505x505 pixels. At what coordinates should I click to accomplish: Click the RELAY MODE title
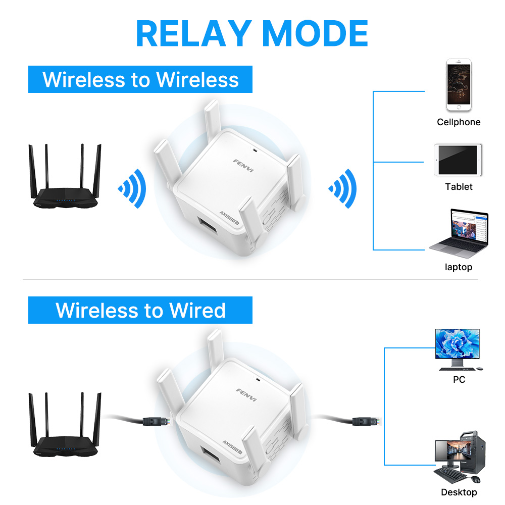click(x=252, y=33)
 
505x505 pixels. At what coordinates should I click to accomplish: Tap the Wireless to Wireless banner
click(x=140, y=79)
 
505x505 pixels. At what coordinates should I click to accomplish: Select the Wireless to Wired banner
click(x=140, y=310)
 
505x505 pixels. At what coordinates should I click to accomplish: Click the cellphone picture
click(x=459, y=85)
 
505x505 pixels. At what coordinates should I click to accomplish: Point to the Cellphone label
click(x=459, y=122)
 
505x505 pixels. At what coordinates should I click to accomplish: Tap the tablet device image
click(x=458, y=160)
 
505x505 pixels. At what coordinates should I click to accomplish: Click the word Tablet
click(x=459, y=186)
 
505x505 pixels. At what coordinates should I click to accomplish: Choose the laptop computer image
click(x=459, y=233)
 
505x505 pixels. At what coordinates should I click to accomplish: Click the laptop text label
click(x=459, y=267)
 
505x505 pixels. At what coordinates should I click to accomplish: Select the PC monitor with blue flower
click(x=459, y=350)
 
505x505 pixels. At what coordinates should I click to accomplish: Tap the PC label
click(x=459, y=379)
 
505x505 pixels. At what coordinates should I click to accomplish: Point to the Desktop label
click(x=459, y=492)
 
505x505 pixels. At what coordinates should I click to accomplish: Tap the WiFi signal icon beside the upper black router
click(x=133, y=189)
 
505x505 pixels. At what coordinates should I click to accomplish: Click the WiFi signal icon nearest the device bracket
click(x=343, y=189)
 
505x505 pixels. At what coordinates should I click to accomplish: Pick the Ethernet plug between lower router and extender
click(x=157, y=421)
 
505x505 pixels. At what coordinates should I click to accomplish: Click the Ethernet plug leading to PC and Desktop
click(x=367, y=421)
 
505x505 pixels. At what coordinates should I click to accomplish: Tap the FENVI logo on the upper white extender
click(x=243, y=166)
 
